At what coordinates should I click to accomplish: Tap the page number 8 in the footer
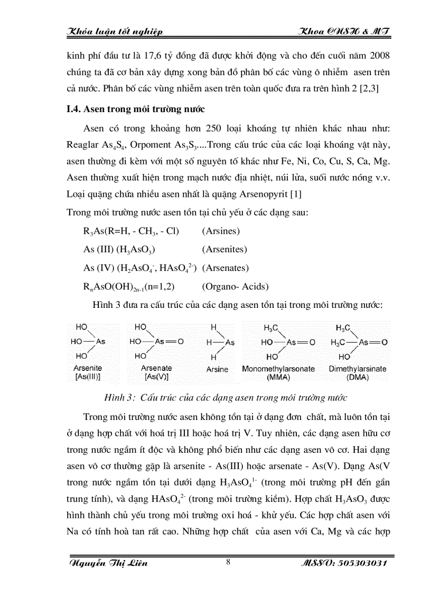pos(228,562)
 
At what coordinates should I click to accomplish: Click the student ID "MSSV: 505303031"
pos(343,563)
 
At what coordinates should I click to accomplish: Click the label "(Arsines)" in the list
pos(221,231)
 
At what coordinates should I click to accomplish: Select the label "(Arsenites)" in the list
pos(224,250)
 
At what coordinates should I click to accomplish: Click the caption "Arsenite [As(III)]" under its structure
pos(87,372)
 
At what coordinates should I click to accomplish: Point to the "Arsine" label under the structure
pos(217,369)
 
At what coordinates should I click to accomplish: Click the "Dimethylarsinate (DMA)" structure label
pos(358,372)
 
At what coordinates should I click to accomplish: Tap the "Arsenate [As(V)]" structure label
pos(156,372)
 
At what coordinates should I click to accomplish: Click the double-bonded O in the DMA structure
pos(385,342)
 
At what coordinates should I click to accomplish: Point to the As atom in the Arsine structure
pos(230,342)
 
